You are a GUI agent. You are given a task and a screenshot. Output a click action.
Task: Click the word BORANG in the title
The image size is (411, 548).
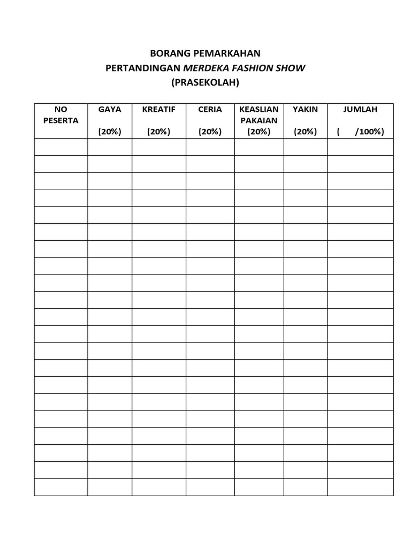pos(166,53)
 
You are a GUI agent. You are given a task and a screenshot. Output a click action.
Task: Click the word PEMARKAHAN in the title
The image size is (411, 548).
pos(225,53)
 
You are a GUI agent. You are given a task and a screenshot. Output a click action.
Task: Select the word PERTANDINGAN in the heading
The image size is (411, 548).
pos(144,68)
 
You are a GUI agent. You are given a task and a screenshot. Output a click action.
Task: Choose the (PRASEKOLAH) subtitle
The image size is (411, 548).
pos(205,83)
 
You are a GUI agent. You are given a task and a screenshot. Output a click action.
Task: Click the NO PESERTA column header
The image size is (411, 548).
pos(60,115)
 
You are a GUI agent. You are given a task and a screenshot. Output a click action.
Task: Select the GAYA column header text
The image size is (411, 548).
pos(110,109)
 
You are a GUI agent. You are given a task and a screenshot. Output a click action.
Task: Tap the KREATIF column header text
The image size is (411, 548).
pos(159,109)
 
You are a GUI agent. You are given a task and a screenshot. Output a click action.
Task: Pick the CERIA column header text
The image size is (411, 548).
pos(210,109)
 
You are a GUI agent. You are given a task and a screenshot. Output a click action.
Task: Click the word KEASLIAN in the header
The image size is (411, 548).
pos(259,109)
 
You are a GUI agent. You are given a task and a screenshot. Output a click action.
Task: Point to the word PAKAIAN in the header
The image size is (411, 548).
pos(259,120)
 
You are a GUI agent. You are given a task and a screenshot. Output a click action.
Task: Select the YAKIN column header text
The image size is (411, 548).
pos(306,109)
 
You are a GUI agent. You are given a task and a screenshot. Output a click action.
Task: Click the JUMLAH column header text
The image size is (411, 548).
pos(360,109)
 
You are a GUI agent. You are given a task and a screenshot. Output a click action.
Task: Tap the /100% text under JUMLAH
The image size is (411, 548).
pos(369,132)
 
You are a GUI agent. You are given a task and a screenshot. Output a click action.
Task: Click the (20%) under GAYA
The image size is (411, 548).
pos(110,132)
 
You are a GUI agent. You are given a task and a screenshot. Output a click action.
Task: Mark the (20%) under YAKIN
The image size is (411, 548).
pos(306,132)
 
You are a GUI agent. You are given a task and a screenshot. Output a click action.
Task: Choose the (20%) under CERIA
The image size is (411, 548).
pos(210,132)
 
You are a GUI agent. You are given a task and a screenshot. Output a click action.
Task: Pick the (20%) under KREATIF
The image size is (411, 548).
pos(159,132)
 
